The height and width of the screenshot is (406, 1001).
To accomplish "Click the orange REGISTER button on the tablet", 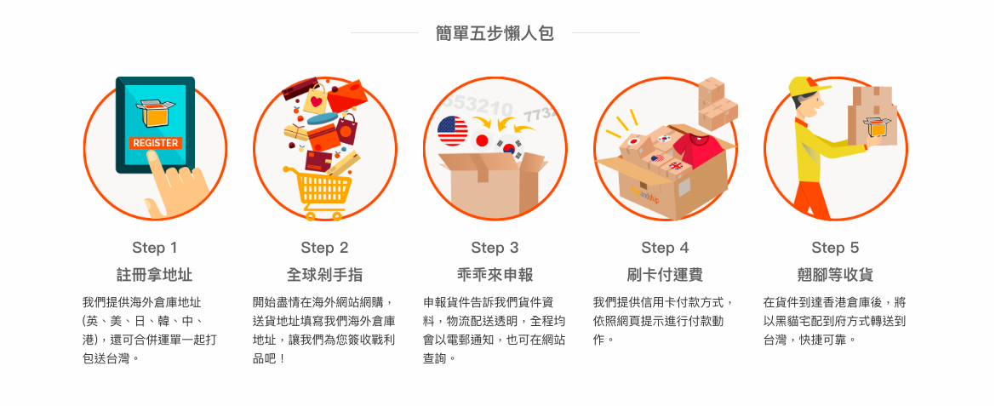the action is coord(155,143).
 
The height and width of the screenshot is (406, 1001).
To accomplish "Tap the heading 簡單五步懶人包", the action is coord(495,33).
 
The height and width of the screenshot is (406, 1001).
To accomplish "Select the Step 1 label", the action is coord(155,248).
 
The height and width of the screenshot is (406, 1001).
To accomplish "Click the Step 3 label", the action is coord(495,248).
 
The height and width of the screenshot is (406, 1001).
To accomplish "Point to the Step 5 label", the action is coord(835,248).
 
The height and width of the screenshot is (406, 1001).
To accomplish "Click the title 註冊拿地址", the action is coord(155,275).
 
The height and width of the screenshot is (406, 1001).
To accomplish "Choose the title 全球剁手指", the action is coord(325,275).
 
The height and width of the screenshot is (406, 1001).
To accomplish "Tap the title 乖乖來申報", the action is coord(495,275).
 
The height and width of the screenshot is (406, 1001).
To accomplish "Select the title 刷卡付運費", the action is coord(666,275).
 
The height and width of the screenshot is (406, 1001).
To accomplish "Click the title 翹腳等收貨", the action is coord(835,275).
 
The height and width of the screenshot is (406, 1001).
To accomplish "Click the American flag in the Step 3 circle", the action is coord(453,131).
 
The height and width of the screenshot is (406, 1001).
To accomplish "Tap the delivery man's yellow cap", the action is coord(808,86).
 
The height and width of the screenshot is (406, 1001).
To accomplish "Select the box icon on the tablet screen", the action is coord(155,113).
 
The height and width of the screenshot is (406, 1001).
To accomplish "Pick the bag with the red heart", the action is coord(315,99).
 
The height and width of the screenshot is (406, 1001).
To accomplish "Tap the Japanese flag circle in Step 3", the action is coord(482,140).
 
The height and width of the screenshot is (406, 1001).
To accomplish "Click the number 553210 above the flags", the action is coord(478,106).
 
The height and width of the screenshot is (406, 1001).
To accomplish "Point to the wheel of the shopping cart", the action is coord(311,216).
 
